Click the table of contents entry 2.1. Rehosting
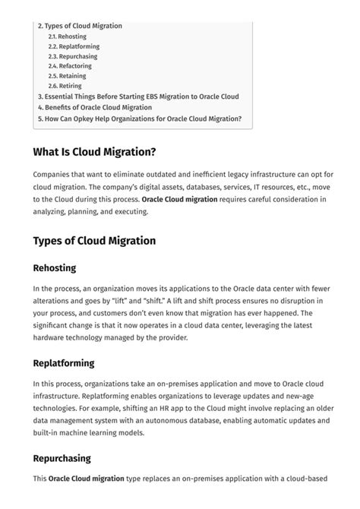point(67,36)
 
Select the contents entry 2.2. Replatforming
point(73,46)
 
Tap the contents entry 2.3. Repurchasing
point(73,56)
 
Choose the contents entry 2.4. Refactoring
point(70,66)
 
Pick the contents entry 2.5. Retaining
point(67,76)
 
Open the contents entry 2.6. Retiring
point(65,86)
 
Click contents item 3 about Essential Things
point(138,96)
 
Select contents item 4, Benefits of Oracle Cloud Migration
point(95,107)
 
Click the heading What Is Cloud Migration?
point(94,153)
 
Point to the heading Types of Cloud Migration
point(94,241)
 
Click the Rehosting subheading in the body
point(54,268)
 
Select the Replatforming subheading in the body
point(64,363)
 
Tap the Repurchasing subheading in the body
point(62,458)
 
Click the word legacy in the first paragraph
point(224,175)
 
